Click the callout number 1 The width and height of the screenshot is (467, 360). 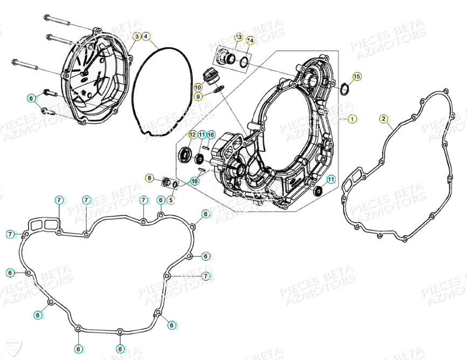tap(352, 118)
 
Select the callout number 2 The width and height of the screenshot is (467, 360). tap(383, 119)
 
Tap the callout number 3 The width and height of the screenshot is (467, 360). tap(138, 36)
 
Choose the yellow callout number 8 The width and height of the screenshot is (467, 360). tap(150, 178)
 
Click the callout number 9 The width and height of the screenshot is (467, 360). tap(198, 96)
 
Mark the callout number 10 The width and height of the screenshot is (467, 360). tap(198, 87)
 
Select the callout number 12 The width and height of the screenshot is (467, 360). tap(193, 134)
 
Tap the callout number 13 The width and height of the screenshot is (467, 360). tap(238, 37)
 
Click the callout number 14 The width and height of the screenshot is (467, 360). tap(250, 40)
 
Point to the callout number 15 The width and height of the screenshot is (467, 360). tap(356, 76)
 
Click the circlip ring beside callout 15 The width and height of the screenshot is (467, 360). tap(344, 87)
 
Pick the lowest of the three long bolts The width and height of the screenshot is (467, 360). tap(24, 64)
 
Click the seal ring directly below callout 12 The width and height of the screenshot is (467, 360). tap(186, 155)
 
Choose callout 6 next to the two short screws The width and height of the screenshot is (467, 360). tap(32, 98)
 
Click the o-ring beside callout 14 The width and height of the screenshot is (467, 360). tap(243, 60)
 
